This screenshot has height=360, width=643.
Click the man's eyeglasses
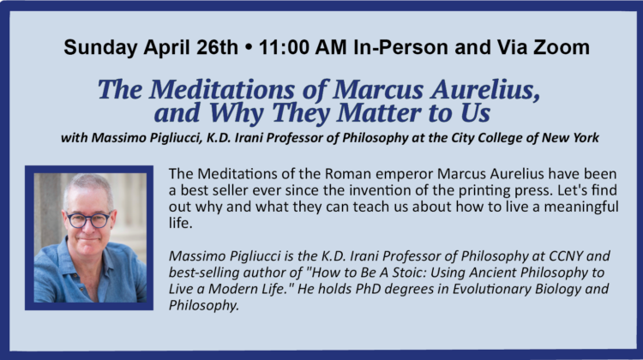click(x=88, y=219)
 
